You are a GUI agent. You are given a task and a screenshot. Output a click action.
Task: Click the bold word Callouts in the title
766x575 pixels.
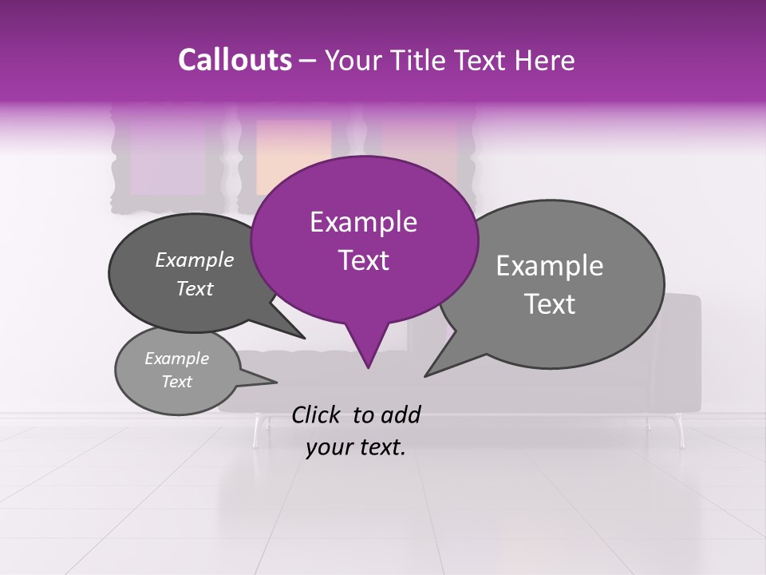click(x=235, y=60)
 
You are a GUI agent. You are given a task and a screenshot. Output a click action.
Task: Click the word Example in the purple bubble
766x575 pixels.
click(x=363, y=222)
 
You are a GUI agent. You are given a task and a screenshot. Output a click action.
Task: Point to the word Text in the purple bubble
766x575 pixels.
click(x=363, y=260)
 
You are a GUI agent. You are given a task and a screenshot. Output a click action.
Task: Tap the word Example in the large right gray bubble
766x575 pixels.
click(x=550, y=266)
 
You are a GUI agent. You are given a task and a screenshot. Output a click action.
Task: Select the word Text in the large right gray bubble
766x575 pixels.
click(x=550, y=304)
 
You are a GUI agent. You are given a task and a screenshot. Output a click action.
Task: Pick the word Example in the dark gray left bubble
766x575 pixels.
click(x=195, y=260)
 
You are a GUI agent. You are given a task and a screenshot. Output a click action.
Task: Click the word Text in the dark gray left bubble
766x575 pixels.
click(x=195, y=289)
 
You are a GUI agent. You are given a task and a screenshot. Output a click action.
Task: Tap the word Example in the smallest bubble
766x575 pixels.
click(x=176, y=359)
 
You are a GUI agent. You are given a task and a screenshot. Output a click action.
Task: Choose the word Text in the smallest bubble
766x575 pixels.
click(x=176, y=382)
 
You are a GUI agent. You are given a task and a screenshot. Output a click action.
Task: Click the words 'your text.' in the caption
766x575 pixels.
click(x=356, y=448)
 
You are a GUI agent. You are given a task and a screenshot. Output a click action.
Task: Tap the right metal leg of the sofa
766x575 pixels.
click(x=680, y=431)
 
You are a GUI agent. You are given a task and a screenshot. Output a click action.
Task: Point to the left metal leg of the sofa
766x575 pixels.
click(x=256, y=431)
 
